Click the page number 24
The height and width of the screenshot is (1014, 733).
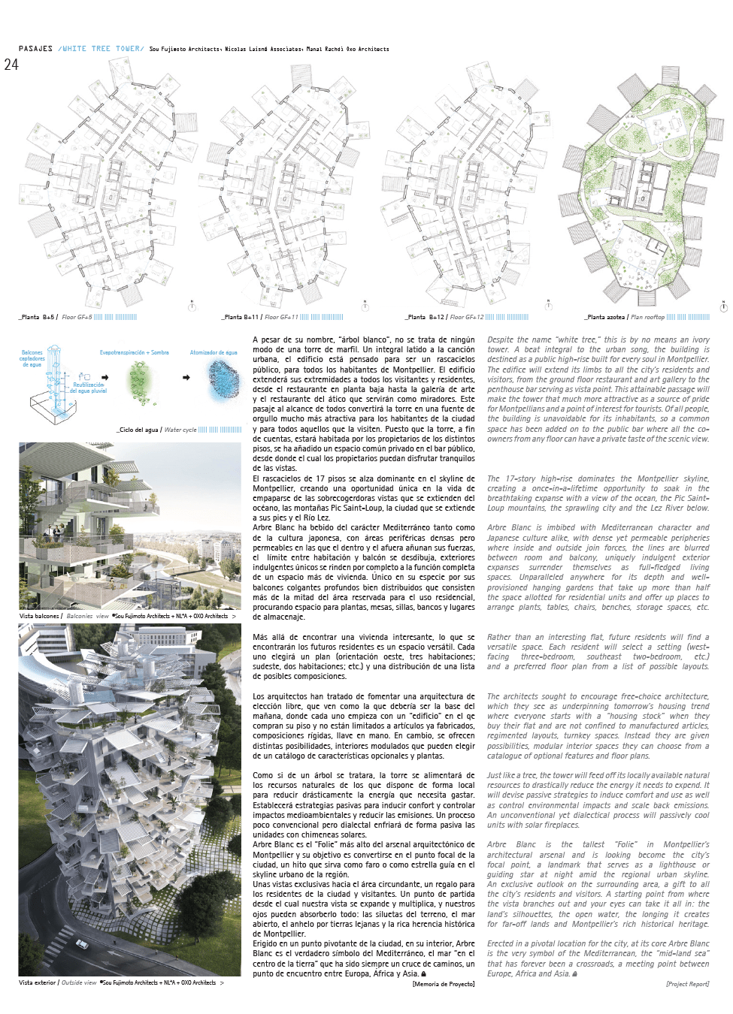tap(11, 65)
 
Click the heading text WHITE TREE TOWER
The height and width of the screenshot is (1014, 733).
tap(101, 49)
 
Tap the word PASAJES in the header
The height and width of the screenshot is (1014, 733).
tap(35, 49)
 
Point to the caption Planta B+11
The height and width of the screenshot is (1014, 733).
tap(241, 317)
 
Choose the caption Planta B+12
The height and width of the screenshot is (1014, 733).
tap(426, 317)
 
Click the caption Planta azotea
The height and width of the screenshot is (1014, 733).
tap(606, 317)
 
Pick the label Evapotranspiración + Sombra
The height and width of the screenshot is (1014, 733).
tap(134, 352)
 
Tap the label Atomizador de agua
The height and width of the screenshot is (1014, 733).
tap(214, 352)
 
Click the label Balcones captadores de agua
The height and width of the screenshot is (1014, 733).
tap(32, 358)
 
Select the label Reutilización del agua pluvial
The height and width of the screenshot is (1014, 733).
tap(89, 388)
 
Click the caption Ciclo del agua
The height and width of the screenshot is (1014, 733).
tap(138, 430)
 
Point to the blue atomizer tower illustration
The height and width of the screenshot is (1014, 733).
tap(224, 379)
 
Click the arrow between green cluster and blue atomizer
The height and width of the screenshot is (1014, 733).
tap(186, 378)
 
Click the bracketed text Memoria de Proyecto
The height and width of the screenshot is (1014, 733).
tap(444, 984)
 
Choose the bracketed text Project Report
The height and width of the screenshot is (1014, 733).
tap(687, 984)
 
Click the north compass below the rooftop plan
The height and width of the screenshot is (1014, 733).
tap(723, 306)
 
